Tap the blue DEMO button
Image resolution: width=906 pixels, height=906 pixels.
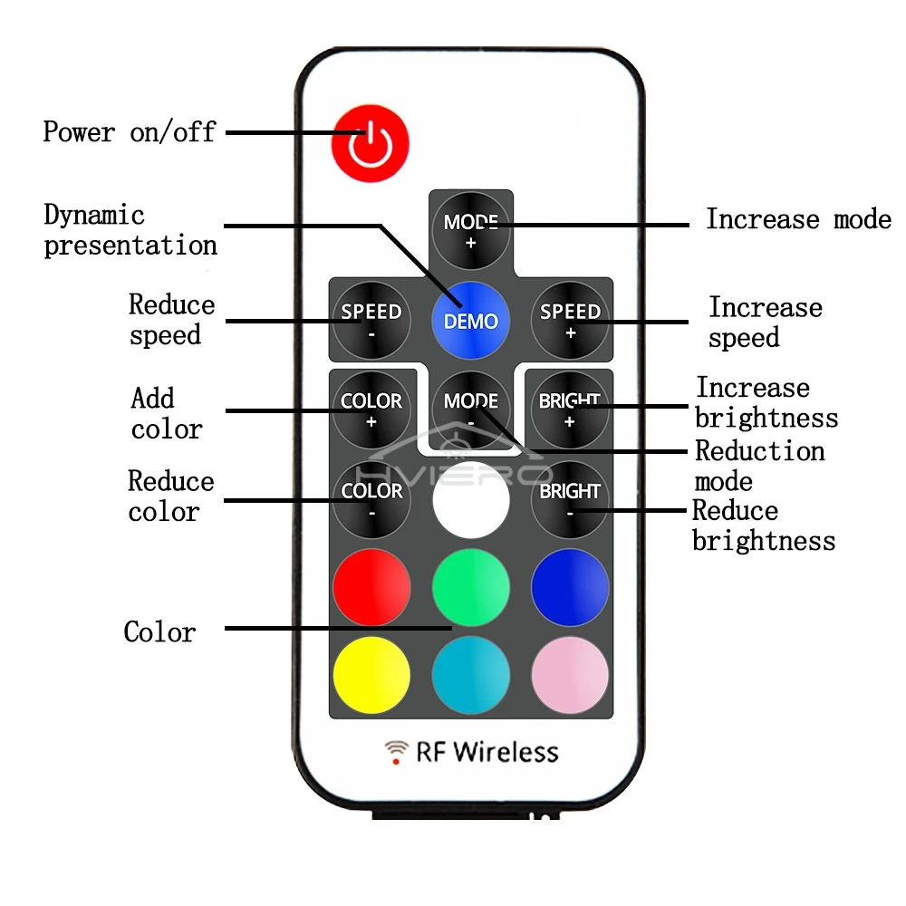(471, 320)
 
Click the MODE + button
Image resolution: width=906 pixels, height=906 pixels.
(471, 230)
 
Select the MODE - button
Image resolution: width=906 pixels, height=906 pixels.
(471, 410)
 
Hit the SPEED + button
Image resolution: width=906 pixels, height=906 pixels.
(570, 320)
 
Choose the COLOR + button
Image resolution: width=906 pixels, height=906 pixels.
(371, 410)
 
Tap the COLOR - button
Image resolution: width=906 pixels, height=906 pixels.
(371, 500)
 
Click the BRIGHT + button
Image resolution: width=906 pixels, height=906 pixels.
(570, 410)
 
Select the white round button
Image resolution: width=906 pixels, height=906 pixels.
(471, 500)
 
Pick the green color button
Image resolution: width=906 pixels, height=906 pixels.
(471, 587)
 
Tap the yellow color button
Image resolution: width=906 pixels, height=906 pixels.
(371, 675)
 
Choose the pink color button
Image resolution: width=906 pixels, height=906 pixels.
(570, 675)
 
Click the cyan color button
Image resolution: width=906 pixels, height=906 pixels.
(471, 675)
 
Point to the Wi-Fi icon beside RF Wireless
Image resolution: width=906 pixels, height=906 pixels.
(397, 752)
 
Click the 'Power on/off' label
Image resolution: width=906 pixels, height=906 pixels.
(130, 131)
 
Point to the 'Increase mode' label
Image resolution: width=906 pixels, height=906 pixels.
(798, 219)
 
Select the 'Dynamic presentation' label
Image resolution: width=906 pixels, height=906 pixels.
(130, 230)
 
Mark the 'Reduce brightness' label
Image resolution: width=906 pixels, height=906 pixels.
(764, 525)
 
